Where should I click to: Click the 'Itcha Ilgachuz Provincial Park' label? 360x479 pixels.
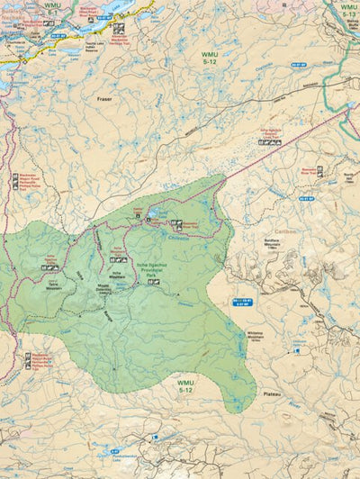point(153,267)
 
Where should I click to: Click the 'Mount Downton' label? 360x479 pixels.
point(107,289)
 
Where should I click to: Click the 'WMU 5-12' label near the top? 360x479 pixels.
point(210,59)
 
